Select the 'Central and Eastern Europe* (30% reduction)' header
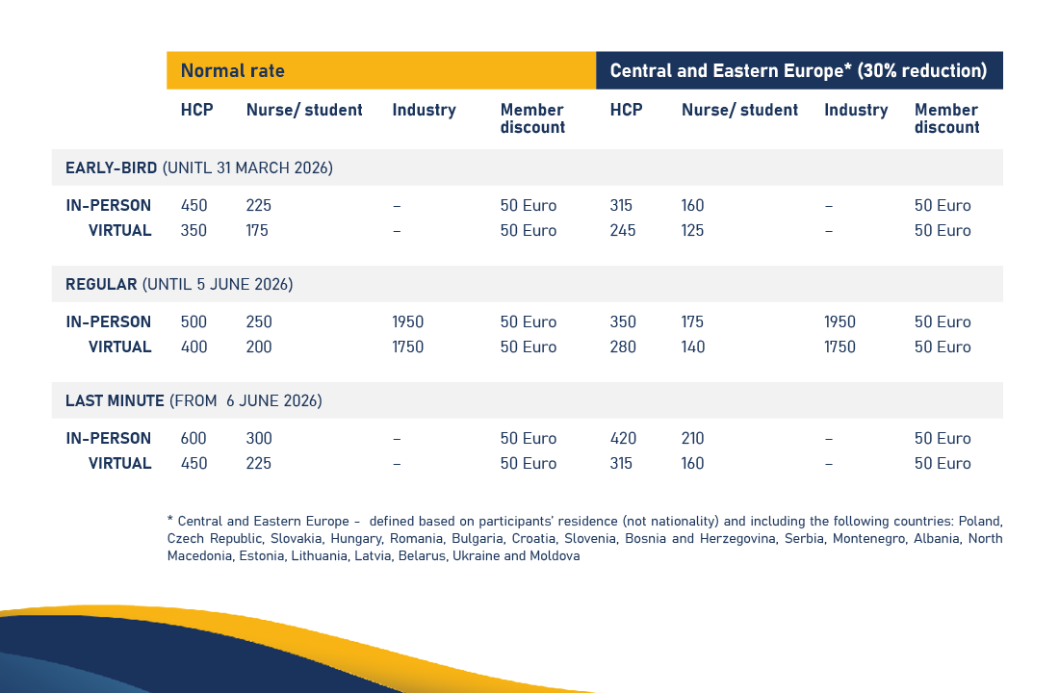[798, 71]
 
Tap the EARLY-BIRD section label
[111, 168]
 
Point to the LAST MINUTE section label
[115, 401]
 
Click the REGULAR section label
[101, 285]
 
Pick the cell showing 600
[194, 439]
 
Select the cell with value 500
[194, 322]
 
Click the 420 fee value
[623, 439]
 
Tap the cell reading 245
[623, 231]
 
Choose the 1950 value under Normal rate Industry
[407, 322]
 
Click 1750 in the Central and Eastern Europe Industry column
[839, 347]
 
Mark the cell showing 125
[692, 231]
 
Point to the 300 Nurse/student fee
[259, 439]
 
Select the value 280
[623, 347]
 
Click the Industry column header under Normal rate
[424, 110]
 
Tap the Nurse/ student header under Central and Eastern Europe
[739, 110]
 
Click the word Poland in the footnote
[981, 522]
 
